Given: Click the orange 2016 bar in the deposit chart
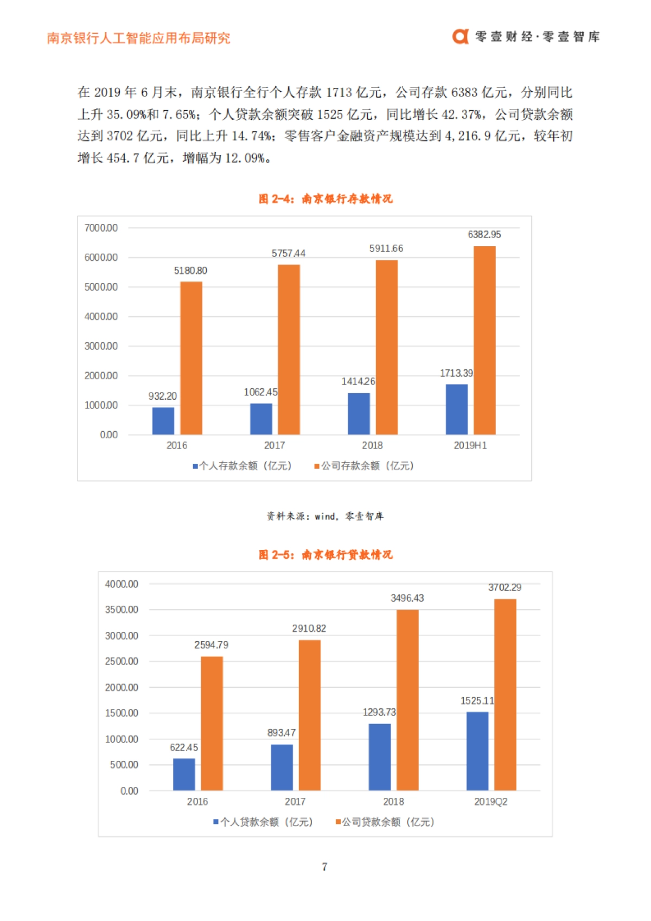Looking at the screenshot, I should (191, 358).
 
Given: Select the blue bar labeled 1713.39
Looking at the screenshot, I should (456, 410).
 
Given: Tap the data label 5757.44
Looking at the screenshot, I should (288, 253).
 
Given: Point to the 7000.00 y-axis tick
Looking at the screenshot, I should (101, 228).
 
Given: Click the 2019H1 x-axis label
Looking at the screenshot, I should (470, 445).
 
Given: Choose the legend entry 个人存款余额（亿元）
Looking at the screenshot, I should (242, 466).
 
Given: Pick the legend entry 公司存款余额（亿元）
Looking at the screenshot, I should (365, 466).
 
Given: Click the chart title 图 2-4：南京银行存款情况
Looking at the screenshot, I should (325, 199).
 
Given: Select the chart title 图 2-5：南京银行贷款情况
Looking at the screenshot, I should (325, 554).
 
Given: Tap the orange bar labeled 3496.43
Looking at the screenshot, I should (407, 700).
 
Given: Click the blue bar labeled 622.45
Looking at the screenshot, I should (184, 774).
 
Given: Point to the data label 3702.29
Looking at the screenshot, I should (505, 587).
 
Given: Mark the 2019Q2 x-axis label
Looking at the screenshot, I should (490, 802).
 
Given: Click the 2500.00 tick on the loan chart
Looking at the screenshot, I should (122, 661).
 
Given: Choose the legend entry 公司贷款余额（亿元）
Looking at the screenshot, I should (385, 822).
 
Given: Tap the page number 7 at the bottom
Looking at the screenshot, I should (324, 867).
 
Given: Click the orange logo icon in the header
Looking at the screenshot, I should (460, 36).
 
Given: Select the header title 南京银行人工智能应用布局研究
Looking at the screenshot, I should (138, 38).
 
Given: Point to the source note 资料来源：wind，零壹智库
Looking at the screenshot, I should (325, 516).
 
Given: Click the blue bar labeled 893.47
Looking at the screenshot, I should (282, 767).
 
